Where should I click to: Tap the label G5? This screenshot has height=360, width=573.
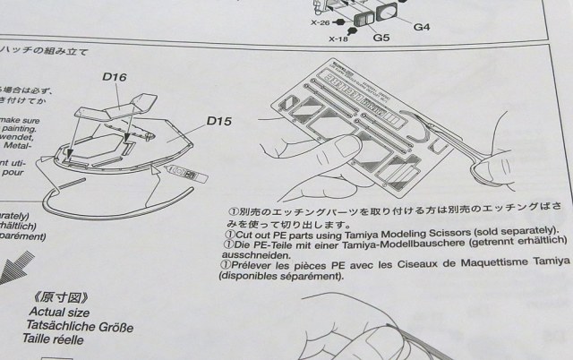point(381,39)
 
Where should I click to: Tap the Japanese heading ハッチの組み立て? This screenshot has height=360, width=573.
point(45,52)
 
